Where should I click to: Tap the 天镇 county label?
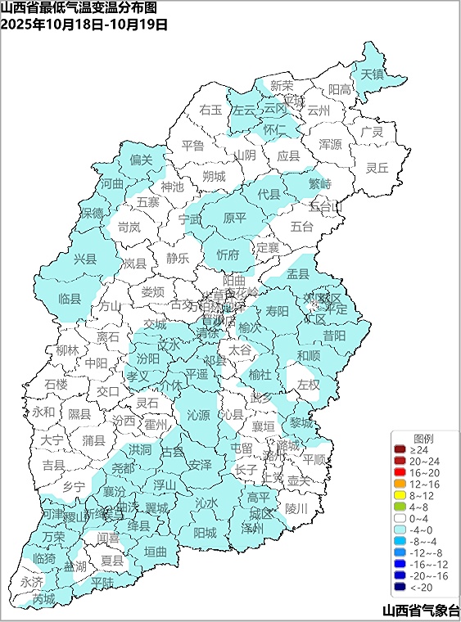click(373, 74)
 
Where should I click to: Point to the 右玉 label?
click(211, 109)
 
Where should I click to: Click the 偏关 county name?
click(142, 160)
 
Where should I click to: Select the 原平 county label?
click(235, 218)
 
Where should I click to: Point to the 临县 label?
click(70, 300)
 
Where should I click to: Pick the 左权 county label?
click(308, 384)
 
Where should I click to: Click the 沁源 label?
click(199, 415)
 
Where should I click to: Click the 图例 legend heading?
click(423, 438)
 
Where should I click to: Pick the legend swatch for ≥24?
click(400, 450)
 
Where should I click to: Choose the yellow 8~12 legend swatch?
click(400, 496)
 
